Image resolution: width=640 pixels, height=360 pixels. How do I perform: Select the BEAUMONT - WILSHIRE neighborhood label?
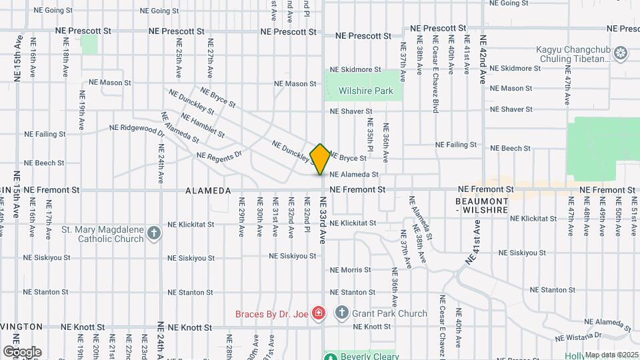(482, 205)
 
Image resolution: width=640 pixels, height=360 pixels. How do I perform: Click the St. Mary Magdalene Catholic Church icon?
(155, 233)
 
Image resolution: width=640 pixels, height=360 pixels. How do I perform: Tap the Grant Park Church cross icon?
(342, 313)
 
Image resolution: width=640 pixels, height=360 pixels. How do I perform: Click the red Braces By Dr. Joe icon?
(319, 313)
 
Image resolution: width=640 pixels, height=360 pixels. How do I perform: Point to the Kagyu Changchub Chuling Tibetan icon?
(621, 52)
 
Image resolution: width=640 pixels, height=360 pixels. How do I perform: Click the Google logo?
(22, 352)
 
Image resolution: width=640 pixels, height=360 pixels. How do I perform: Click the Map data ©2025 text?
(611, 355)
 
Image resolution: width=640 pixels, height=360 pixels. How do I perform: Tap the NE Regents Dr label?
(219, 155)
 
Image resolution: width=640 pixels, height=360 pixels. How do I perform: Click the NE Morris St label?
(351, 270)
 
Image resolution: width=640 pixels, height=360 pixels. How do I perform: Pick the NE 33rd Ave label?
(323, 220)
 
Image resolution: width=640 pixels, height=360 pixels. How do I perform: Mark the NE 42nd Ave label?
(483, 59)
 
